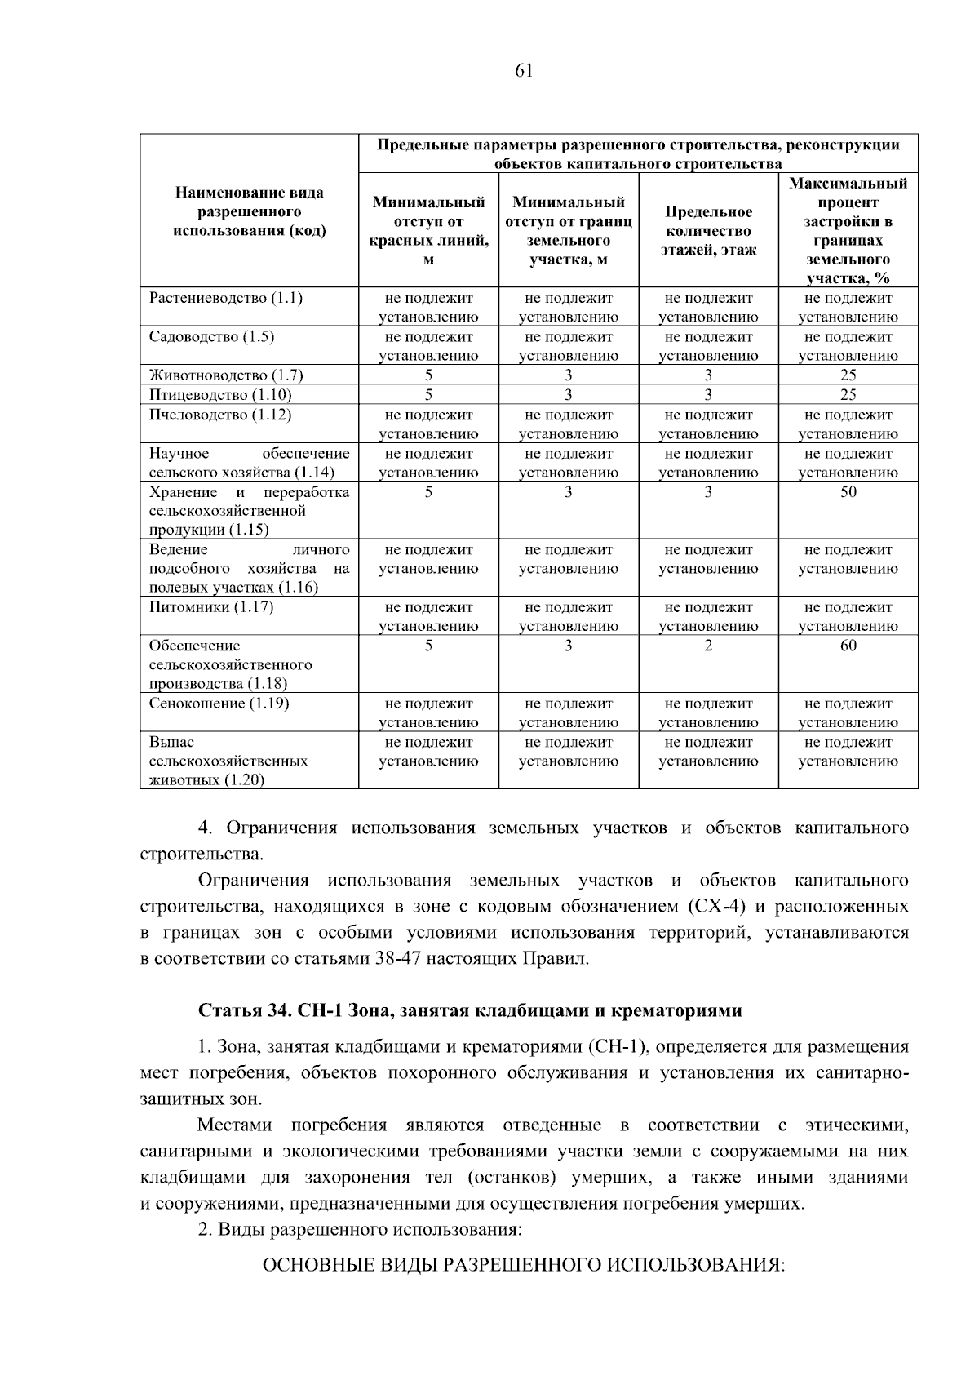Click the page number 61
(x=524, y=70)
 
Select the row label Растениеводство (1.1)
(x=225, y=298)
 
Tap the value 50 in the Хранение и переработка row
(x=848, y=492)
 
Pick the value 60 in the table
(x=848, y=646)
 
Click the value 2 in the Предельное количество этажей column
(x=708, y=646)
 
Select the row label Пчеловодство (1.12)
(x=219, y=415)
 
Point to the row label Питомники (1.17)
(x=211, y=607)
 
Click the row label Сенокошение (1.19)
(x=219, y=704)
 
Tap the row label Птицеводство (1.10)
(x=220, y=395)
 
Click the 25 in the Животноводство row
(x=848, y=375)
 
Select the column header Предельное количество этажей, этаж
(x=708, y=231)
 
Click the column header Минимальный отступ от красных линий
(x=428, y=231)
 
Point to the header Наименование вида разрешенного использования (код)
(x=250, y=211)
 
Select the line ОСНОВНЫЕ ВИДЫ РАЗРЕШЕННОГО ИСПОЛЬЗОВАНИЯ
(x=522, y=1265)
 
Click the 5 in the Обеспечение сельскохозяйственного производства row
(x=428, y=646)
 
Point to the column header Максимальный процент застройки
(x=848, y=231)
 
